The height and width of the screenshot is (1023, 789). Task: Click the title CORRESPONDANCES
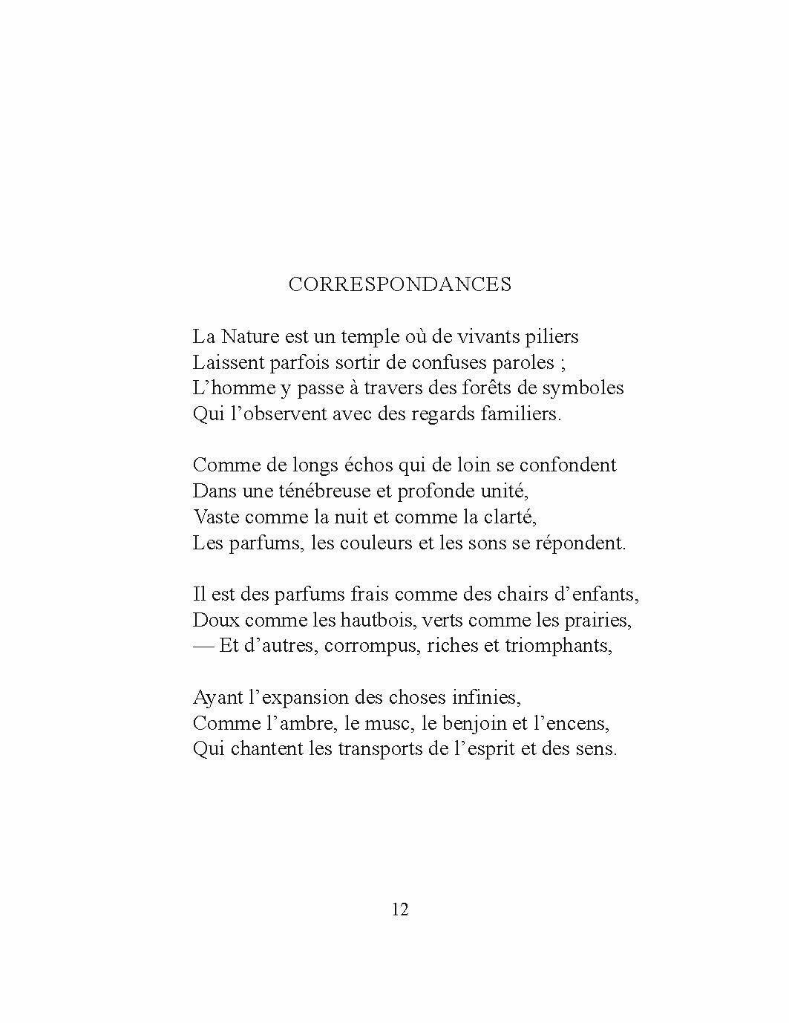pos(399,284)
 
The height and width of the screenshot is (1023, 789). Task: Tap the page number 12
pos(400,909)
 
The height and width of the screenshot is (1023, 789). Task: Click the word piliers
pos(550,337)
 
